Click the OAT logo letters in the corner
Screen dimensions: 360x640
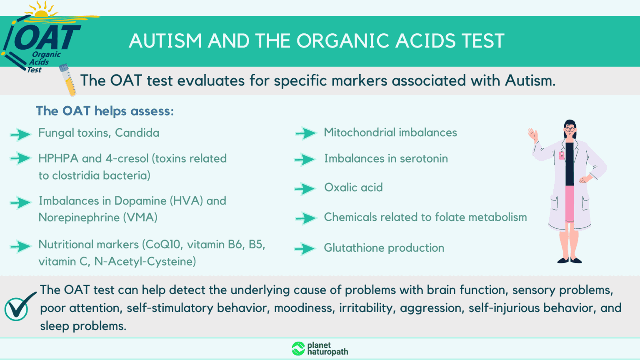(47, 37)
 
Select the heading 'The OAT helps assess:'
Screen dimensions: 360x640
(105, 111)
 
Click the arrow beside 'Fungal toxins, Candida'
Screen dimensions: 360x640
(20, 134)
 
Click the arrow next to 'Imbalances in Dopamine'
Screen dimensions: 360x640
(20, 202)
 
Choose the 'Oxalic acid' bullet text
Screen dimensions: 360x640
(353, 187)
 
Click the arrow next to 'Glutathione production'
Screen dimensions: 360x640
(305, 249)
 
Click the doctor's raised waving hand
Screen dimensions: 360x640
(532, 134)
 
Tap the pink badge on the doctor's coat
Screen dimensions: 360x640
(562, 155)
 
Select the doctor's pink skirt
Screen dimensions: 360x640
(570, 203)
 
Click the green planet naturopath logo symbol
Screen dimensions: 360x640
(298, 348)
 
